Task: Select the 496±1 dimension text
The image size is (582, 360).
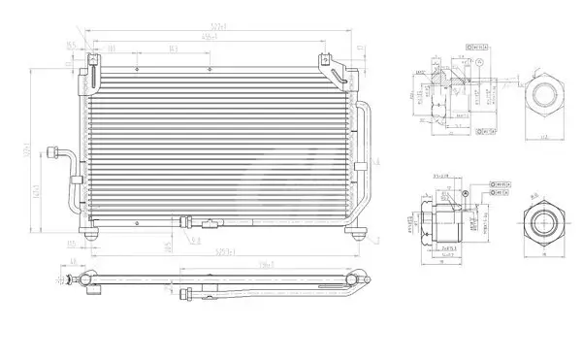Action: pyautogui.click(x=209, y=37)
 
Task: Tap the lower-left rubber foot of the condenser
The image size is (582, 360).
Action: pyautogui.click(x=92, y=234)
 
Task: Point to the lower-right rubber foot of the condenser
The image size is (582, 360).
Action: pyautogui.click(x=355, y=232)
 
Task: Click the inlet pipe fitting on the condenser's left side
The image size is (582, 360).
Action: pyautogui.click(x=68, y=155)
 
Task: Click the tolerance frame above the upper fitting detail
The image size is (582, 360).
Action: pyautogui.click(x=475, y=45)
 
